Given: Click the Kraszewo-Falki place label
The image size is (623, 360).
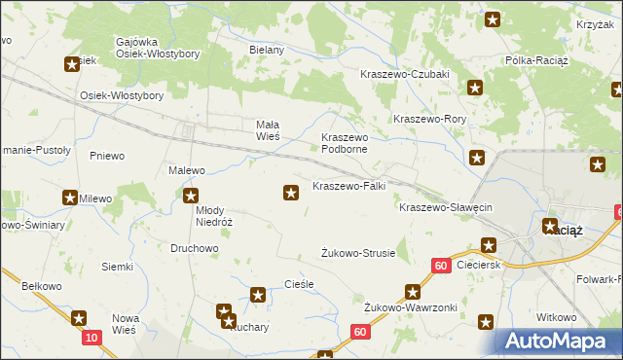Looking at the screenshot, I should [x=349, y=186].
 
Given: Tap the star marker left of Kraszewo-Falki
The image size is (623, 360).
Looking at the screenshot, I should [x=290, y=194].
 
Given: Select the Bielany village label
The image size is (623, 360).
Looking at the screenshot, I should [x=266, y=50].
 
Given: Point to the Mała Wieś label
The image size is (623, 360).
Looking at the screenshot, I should [x=268, y=130].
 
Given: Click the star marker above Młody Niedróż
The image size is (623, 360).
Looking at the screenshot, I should [x=192, y=197].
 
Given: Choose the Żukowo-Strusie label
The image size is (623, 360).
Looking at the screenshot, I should [x=358, y=253].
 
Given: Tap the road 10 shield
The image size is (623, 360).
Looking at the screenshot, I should [x=91, y=337].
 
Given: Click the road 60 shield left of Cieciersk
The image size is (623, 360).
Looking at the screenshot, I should [x=441, y=265].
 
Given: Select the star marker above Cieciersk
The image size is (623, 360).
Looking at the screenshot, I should [x=489, y=246].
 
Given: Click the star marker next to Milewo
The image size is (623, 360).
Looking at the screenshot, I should [x=70, y=198].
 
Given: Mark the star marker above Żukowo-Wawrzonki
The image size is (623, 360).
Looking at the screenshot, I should [x=413, y=291].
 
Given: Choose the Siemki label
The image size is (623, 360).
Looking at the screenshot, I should [x=117, y=267].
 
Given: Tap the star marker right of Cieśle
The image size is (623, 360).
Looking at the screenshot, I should [x=258, y=294].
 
